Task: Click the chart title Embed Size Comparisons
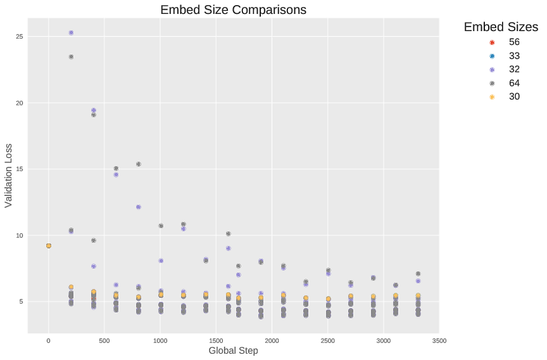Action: point(233,10)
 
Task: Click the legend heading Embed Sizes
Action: point(501,27)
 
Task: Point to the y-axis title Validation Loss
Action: point(9,176)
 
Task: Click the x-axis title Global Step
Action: point(233,350)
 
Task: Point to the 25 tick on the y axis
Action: point(18,37)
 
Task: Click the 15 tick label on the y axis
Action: point(18,169)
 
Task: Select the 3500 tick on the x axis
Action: point(439,340)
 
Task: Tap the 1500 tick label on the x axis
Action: point(216,340)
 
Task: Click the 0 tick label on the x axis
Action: point(48,340)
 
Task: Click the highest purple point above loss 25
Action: point(71,33)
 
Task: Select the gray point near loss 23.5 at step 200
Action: point(71,57)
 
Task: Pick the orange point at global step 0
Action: point(48,246)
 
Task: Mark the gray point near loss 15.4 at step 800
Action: point(138,164)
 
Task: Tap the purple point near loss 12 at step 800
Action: point(138,207)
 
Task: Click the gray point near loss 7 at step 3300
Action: point(418,274)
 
